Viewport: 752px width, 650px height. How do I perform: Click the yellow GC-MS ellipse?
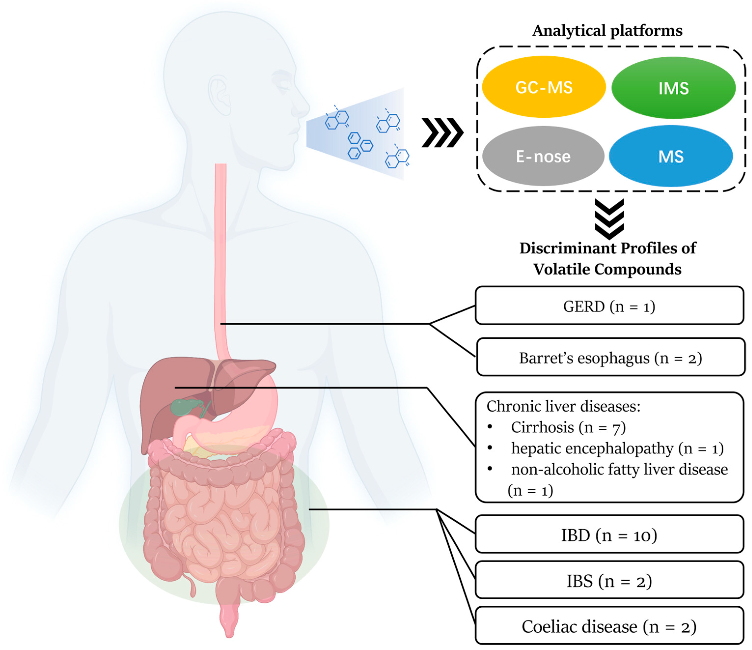point(543,87)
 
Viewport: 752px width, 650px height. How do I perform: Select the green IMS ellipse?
point(673,88)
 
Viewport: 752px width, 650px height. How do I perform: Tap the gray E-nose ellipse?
point(543,156)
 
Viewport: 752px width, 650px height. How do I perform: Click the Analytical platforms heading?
point(607,30)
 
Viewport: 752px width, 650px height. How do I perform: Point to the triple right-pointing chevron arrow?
point(442,133)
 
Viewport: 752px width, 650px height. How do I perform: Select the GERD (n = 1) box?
point(609,306)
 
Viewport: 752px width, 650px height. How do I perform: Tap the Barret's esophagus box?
point(610,358)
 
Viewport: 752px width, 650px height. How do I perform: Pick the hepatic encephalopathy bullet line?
point(617,449)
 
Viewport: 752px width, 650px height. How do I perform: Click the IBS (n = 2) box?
point(609,581)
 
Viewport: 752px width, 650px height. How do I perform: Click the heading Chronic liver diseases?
point(563,406)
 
